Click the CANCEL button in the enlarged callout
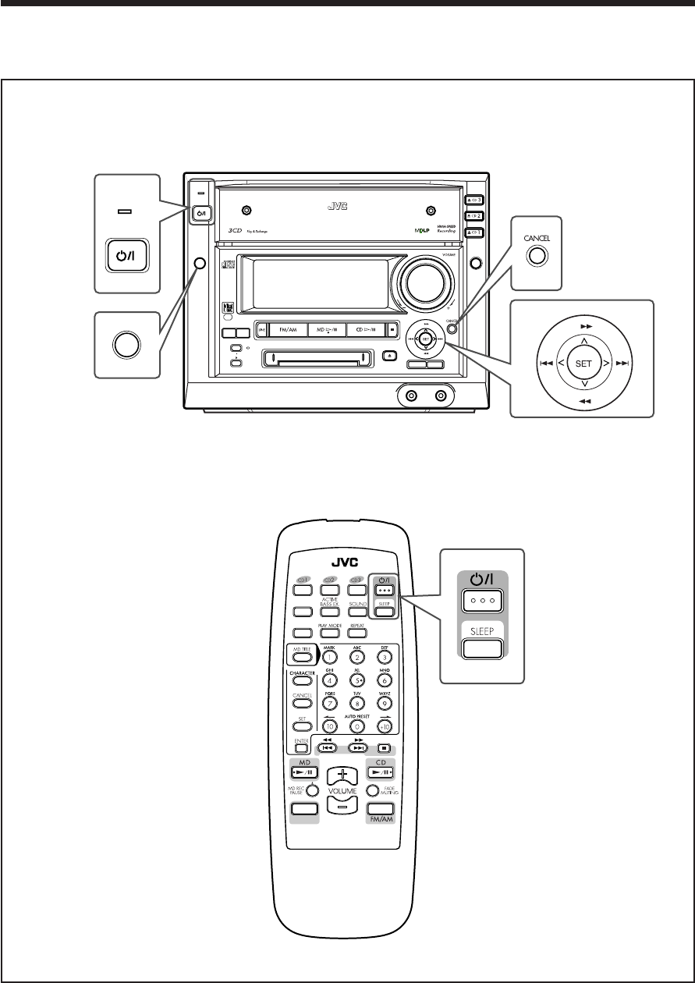pos(535,254)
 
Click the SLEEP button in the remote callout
pos(480,649)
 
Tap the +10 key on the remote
pos(383,726)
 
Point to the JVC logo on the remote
pos(342,560)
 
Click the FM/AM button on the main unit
pos(288,330)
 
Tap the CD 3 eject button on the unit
pos(473,200)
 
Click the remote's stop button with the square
pos(383,747)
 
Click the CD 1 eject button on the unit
pos(473,232)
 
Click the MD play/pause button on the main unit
pos(327,330)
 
